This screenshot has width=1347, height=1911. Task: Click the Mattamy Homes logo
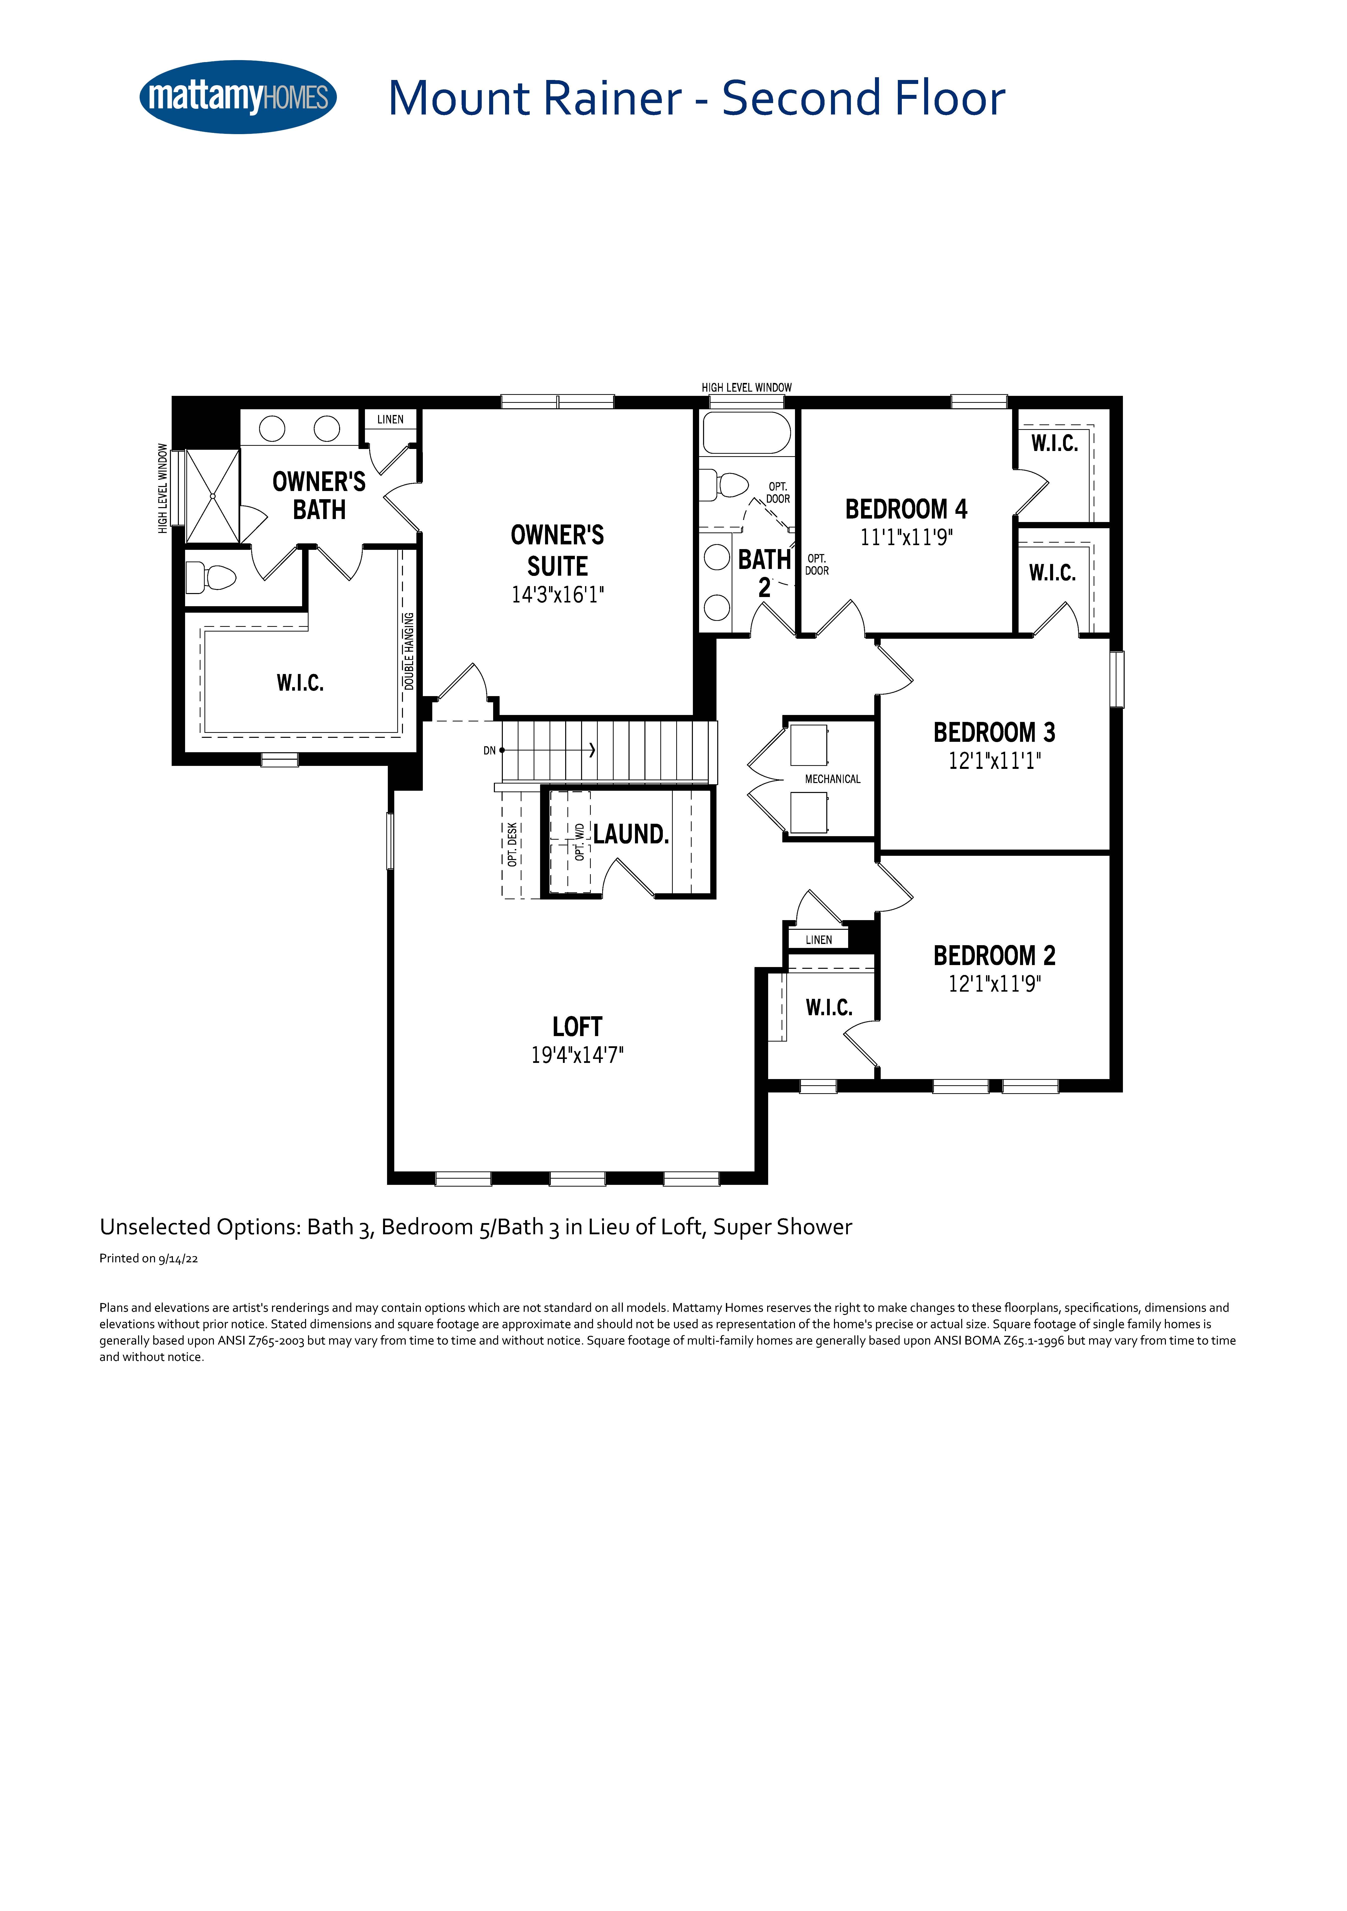[x=238, y=97]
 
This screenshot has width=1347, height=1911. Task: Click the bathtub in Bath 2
[x=747, y=433]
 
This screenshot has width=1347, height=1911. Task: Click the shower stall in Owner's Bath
[x=212, y=496]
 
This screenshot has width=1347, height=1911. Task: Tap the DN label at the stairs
[x=489, y=751]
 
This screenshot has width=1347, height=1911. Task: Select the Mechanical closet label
[x=832, y=779]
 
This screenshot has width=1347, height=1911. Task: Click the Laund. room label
[x=631, y=834]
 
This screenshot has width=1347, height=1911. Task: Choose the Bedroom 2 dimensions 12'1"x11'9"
[x=994, y=984]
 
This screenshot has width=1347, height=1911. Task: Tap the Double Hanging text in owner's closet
[x=409, y=651]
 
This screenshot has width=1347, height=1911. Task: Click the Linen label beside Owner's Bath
[x=391, y=419]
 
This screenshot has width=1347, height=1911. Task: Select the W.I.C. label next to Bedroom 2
[x=829, y=1008]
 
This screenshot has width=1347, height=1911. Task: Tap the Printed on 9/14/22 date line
[x=148, y=1258]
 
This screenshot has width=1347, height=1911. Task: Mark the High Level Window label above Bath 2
[x=747, y=388]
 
